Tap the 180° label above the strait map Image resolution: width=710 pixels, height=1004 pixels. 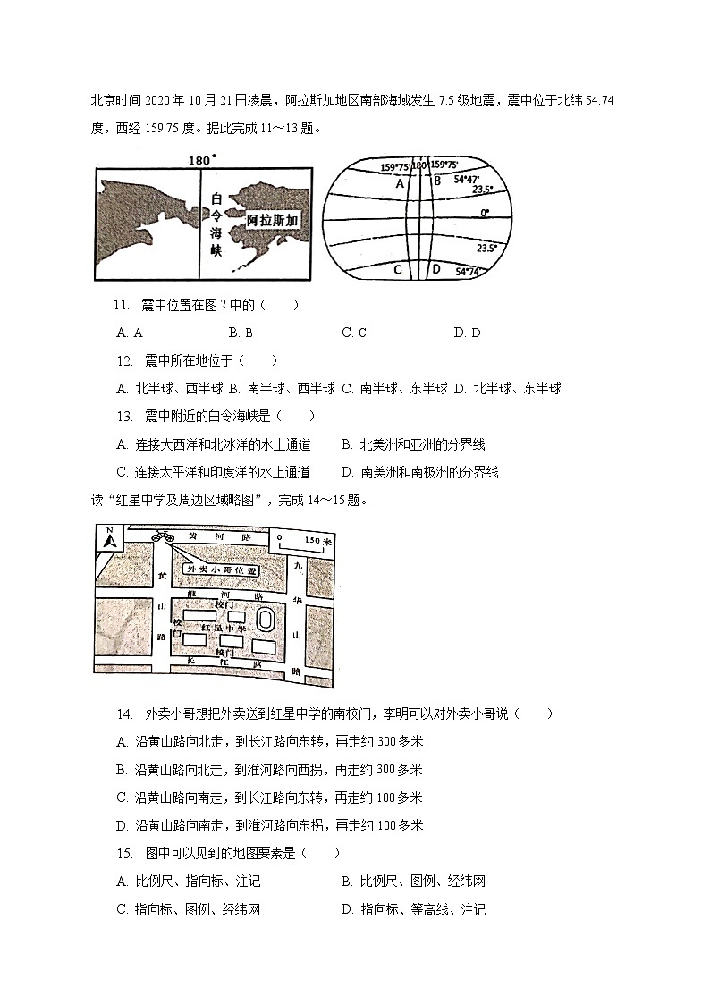(x=201, y=161)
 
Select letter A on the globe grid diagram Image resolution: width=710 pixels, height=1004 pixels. (x=400, y=182)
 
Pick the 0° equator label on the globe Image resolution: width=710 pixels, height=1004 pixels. (x=485, y=214)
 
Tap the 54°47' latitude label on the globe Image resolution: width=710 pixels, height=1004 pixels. (x=469, y=180)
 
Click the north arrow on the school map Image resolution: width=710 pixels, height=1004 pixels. (x=108, y=540)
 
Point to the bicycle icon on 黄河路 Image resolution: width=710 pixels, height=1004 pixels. (x=164, y=536)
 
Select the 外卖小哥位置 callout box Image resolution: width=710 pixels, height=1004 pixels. (x=220, y=569)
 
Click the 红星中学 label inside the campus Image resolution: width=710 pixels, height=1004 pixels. (x=223, y=629)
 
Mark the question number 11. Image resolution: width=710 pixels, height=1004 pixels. (x=123, y=306)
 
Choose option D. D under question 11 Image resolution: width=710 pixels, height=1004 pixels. (x=467, y=333)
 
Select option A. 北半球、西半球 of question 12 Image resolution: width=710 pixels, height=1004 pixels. (x=170, y=388)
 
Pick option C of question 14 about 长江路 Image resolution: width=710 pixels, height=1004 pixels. (x=269, y=797)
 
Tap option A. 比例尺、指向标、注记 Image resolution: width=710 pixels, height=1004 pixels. (x=189, y=882)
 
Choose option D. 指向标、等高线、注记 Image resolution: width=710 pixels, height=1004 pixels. (x=413, y=910)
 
